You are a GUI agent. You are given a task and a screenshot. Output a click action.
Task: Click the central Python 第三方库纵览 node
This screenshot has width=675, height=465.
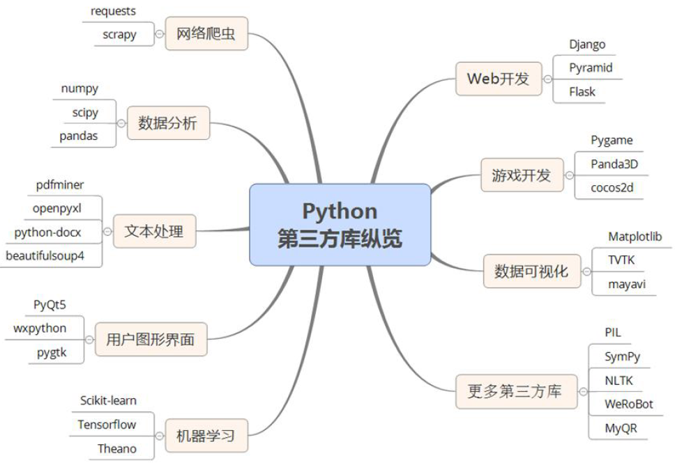pos(340,224)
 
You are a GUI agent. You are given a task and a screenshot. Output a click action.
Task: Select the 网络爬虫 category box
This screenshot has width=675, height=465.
pos(206,33)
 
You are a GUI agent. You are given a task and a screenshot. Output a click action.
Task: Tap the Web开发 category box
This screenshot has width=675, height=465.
pos(498,79)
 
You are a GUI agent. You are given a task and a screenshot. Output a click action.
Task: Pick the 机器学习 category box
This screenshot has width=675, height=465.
pos(206,436)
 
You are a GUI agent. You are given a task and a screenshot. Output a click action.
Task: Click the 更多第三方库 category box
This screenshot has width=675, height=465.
pos(514,392)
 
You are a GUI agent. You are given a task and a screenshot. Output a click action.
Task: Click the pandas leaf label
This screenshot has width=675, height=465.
pos(79,136)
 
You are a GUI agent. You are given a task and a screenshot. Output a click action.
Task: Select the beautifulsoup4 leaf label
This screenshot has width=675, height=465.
pos(45,255)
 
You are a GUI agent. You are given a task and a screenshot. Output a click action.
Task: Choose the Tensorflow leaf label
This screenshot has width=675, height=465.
pos(107,424)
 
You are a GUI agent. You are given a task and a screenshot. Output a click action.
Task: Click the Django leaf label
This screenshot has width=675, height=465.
pos(587,45)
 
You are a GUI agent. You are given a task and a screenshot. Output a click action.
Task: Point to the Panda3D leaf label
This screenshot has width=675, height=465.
pos(614,164)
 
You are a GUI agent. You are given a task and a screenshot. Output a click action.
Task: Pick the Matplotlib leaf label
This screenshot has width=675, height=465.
pos(635,237)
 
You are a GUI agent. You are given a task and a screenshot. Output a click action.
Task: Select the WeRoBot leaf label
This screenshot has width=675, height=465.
pos(629,404)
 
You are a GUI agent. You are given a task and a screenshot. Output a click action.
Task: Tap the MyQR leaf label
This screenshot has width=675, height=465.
pos(621,428)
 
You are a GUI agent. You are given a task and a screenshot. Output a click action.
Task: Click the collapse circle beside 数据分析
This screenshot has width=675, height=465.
pos(121,123)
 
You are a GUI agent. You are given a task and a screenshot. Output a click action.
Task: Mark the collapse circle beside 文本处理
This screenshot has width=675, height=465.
pos(107,231)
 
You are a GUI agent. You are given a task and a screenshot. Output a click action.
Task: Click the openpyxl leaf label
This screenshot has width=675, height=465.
pos(58,207)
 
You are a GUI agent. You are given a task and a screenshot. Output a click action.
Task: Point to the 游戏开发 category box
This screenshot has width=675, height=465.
pos(522,175)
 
